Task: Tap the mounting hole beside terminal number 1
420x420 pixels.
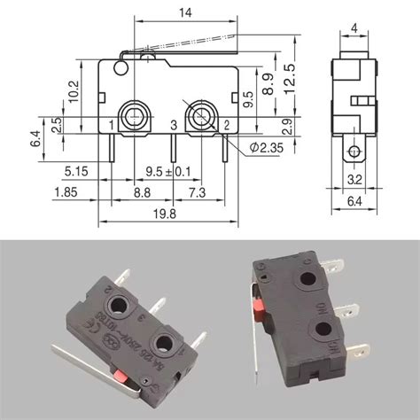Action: (x=136, y=114)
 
